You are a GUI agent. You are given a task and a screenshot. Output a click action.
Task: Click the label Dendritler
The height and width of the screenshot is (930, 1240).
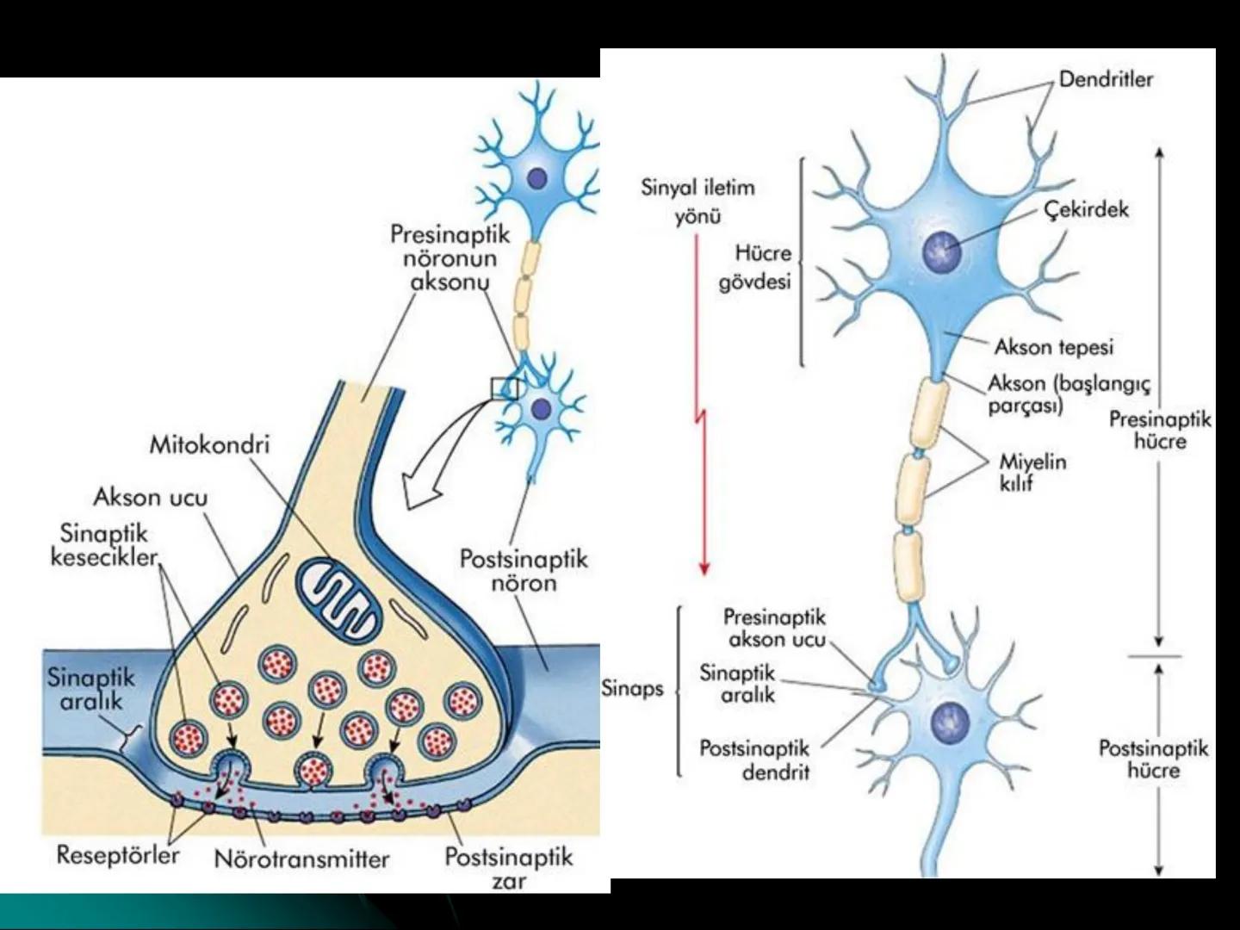[x=1106, y=80]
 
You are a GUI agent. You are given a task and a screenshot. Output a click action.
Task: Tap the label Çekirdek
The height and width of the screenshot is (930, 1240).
[x=1086, y=209]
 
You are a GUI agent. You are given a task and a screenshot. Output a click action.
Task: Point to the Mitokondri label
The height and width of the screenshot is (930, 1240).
[x=209, y=445]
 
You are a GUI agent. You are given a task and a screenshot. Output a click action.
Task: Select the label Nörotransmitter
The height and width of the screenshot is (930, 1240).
[x=301, y=859]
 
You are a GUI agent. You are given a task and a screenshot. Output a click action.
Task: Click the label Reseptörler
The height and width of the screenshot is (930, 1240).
[x=118, y=855]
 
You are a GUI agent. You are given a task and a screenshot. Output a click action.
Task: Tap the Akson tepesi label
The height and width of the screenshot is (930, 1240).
[x=1054, y=347]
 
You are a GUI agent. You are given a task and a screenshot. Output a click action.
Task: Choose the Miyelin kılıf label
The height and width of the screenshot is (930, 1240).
[x=1032, y=472]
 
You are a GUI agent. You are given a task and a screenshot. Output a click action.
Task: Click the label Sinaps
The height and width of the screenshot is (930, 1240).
[x=633, y=688]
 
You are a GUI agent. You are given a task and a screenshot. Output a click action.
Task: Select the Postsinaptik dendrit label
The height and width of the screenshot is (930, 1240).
[x=754, y=759]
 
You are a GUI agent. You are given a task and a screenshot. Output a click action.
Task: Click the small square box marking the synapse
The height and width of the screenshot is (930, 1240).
[x=504, y=388]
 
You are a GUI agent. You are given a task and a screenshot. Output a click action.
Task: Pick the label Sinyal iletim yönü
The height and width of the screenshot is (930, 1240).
[x=697, y=201]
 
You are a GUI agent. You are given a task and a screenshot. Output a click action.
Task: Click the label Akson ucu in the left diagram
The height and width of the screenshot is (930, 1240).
[x=150, y=497]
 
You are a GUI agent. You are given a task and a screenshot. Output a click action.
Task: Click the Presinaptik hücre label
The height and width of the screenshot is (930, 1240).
[x=1159, y=431]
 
